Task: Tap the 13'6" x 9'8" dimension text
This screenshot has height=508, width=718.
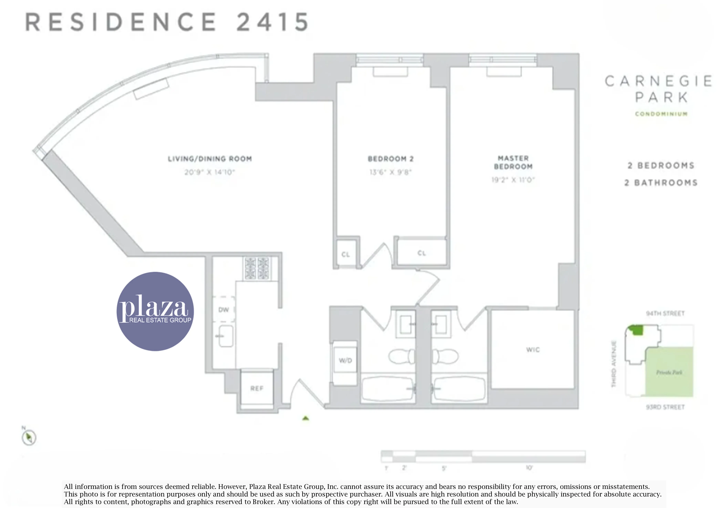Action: (390, 172)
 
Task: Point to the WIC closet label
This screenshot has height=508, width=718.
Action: (533, 350)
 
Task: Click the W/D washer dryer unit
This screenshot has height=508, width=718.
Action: (345, 360)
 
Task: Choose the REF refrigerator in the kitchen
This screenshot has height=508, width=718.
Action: (257, 388)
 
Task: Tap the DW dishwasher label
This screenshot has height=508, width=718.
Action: (224, 310)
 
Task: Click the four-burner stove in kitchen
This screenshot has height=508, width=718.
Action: (257, 268)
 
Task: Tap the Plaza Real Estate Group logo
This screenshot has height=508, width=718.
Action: (155, 311)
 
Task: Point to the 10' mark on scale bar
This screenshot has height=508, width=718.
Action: (529, 468)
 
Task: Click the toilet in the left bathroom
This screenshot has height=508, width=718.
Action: (401, 356)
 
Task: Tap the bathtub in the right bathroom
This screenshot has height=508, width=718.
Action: (459, 389)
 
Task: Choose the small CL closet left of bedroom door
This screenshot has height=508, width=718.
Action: (346, 254)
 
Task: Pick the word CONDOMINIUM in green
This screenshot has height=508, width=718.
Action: (661, 114)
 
